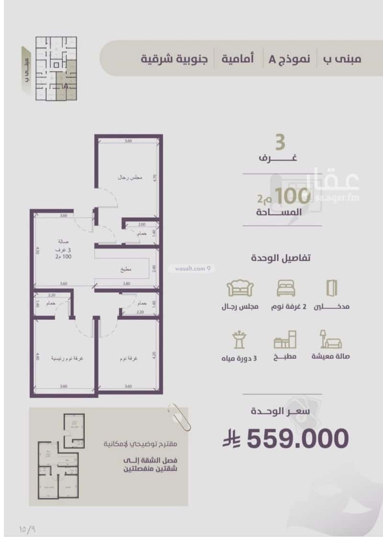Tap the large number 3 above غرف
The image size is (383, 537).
pos(280,143)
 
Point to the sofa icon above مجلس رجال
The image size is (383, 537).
pos(240,288)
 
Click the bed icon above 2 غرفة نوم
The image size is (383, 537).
pos(286,288)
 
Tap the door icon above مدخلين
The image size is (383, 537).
pos(332,287)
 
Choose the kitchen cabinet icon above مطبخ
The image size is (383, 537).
pos(285,340)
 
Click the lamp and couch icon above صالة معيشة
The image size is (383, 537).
pos(330,339)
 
